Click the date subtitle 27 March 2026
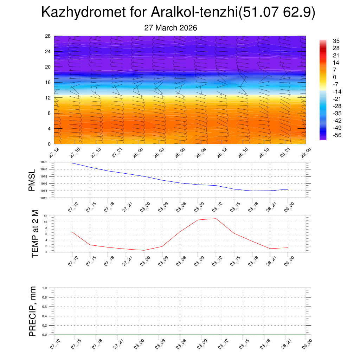pos(171,28)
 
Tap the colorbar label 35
pos(336,41)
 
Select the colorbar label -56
pos(337,135)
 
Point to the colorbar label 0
pos(335,77)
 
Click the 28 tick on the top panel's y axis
pos(48,36)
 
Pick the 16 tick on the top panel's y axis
pos(48,82)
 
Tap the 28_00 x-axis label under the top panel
pos(138,153)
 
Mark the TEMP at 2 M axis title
pos(35,234)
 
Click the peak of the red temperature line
pos(216,218)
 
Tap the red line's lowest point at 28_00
pos(144,250)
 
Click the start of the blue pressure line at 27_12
pos(72,163)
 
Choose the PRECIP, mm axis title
pos(33,311)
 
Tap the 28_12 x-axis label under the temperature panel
pos(217,261)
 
